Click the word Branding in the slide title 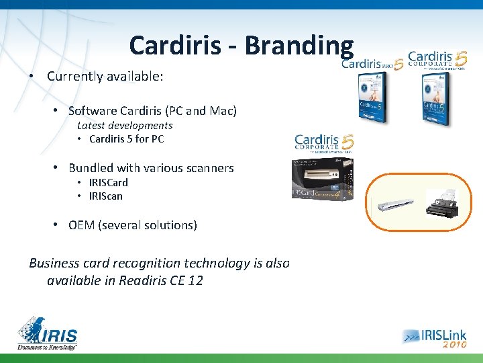point(299,45)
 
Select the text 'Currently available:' point(105,76)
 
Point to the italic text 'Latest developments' point(125,125)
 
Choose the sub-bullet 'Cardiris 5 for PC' point(126,139)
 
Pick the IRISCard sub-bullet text point(108,182)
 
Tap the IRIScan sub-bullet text point(105,196)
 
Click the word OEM point(81,225)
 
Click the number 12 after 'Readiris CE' point(195,280)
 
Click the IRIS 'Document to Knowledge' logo point(48,332)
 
